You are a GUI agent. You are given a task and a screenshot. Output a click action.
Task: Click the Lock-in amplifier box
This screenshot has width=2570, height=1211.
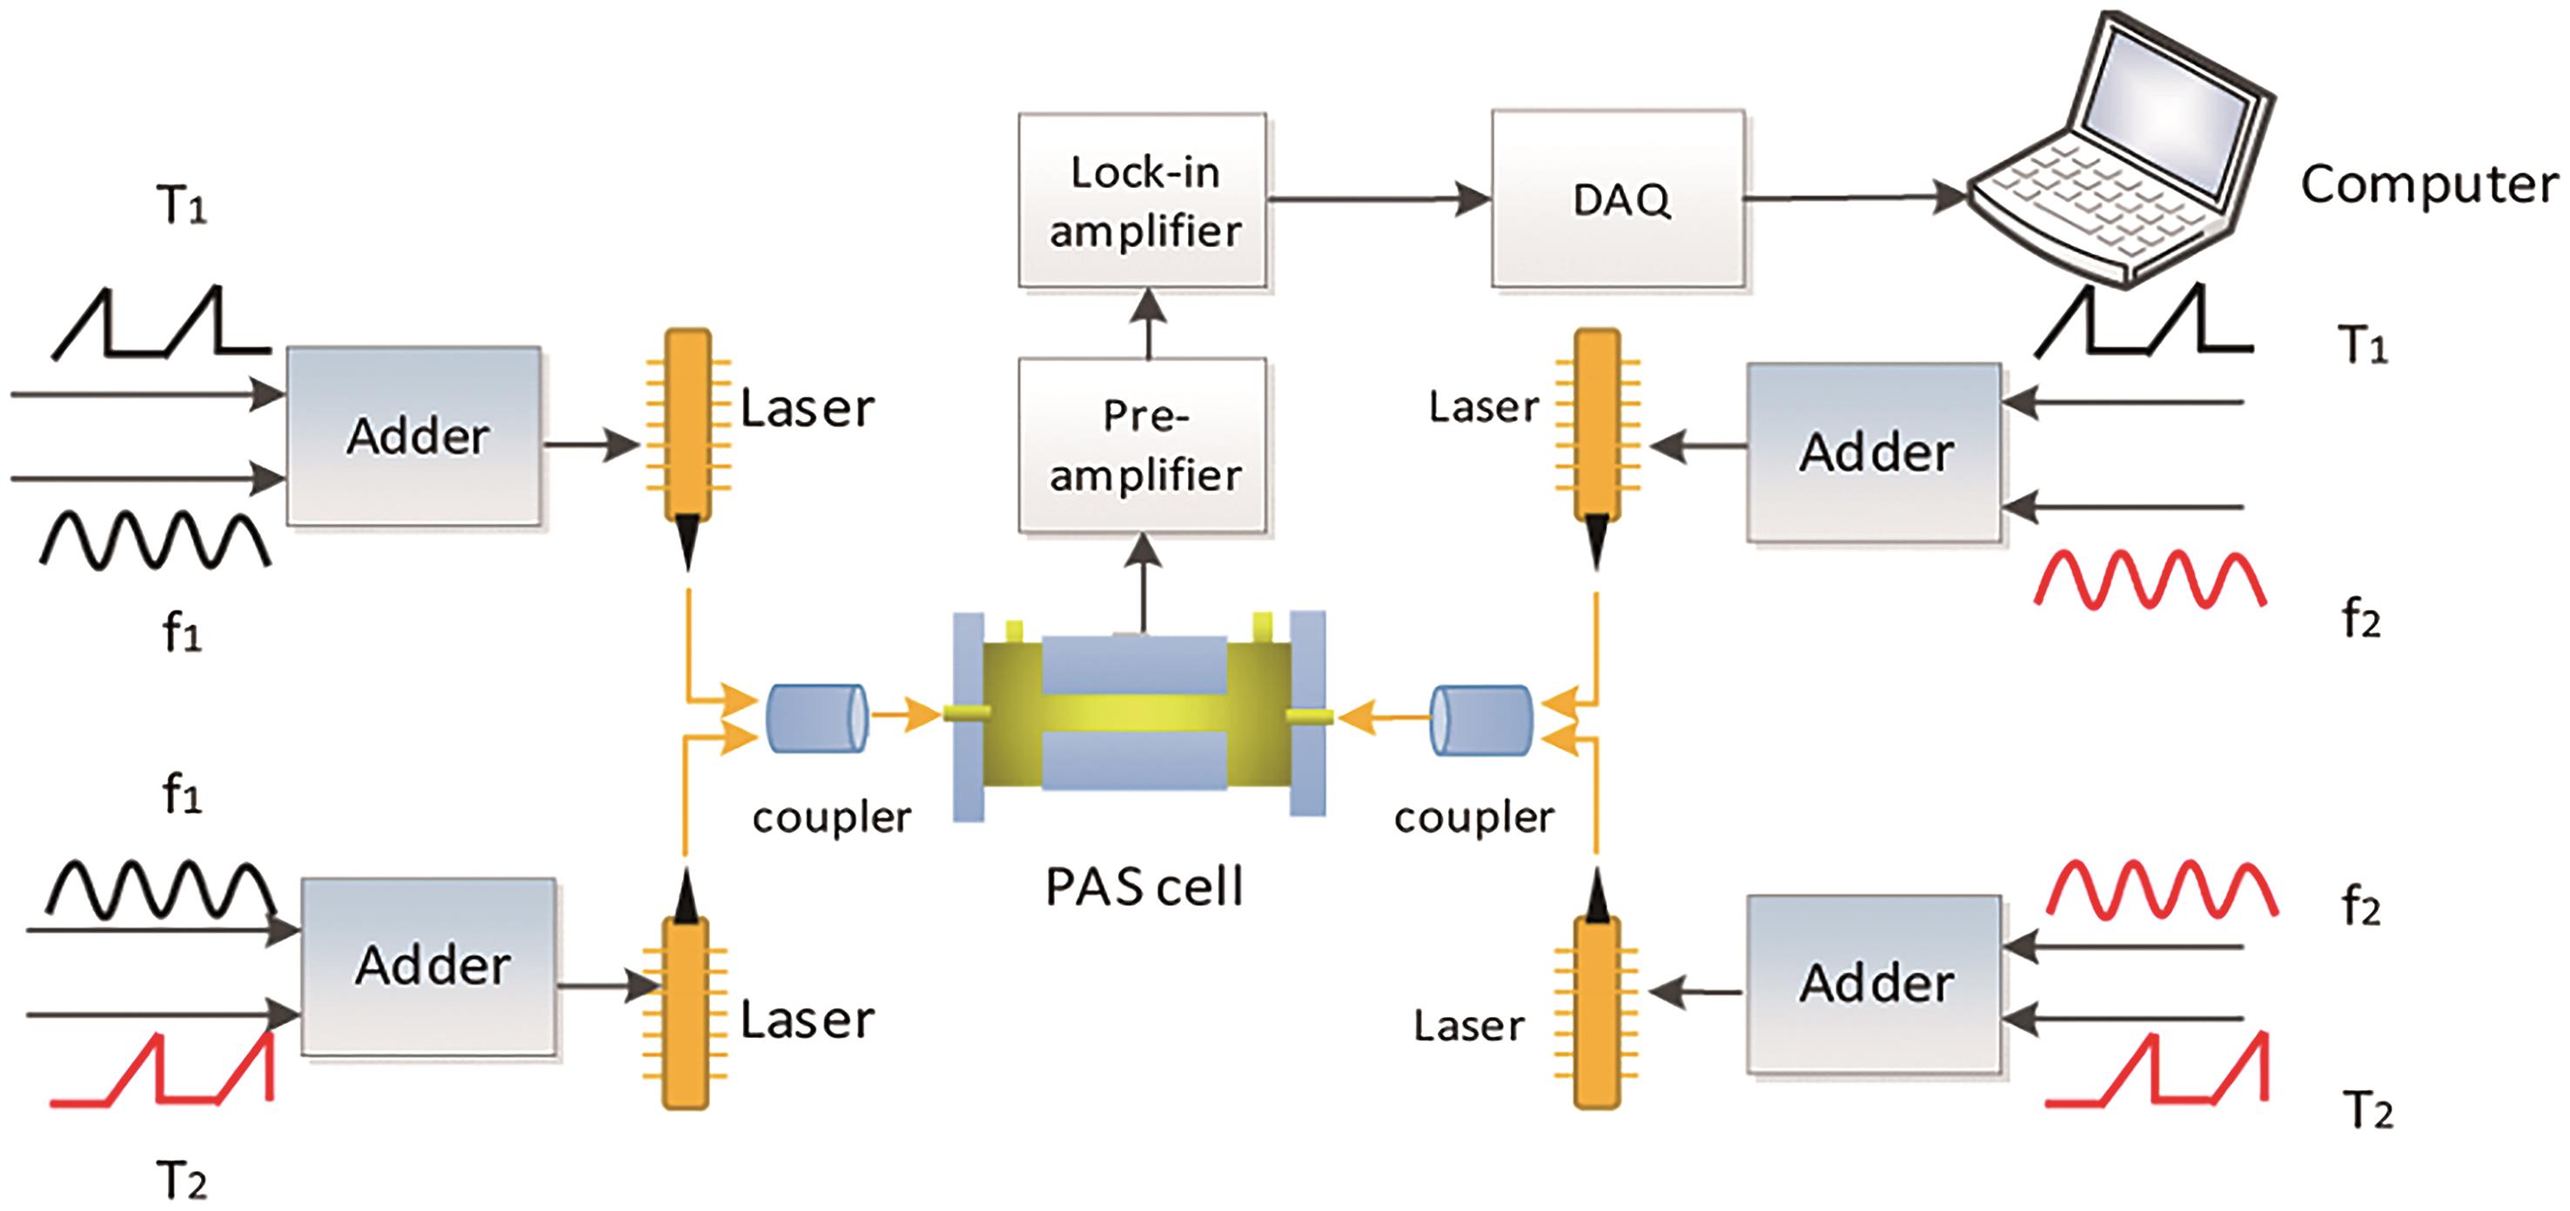pyautogui.click(x=1143, y=200)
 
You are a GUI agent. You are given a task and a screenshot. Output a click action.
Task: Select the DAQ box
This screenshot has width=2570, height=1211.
pyautogui.click(x=1618, y=198)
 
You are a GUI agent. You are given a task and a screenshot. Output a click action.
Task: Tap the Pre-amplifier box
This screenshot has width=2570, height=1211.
pyautogui.click(x=1143, y=445)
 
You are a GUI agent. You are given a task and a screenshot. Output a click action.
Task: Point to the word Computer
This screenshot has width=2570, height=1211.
pyautogui.click(x=2428, y=184)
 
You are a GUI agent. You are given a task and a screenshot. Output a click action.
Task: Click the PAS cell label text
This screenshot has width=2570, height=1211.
pyautogui.click(x=1144, y=887)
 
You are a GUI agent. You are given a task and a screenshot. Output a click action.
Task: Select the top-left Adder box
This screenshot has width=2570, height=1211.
pyautogui.click(x=414, y=436)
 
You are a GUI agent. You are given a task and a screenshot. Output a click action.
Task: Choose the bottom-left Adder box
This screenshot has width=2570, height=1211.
pyautogui.click(x=429, y=966)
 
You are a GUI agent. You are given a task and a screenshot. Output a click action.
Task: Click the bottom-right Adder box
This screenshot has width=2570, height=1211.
pyautogui.click(x=1874, y=984)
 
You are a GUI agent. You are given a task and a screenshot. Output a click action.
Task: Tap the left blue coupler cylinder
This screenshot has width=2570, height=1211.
pyautogui.click(x=816, y=719)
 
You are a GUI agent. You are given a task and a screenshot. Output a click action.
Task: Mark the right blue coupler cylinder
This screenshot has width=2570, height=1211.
pyautogui.click(x=1480, y=719)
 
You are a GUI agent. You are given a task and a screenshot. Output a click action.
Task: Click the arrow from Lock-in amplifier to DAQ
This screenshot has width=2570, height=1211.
pyautogui.click(x=1377, y=199)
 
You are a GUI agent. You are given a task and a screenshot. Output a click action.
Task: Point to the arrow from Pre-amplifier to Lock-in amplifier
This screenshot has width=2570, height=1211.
pyautogui.click(x=1150, y=324)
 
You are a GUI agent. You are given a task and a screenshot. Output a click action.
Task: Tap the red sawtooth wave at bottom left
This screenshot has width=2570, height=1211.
pyautogui.click(x=163, y=1070)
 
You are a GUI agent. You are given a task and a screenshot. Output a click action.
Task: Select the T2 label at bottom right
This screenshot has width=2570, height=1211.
pyautogui.click(x=2366, y=1110)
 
